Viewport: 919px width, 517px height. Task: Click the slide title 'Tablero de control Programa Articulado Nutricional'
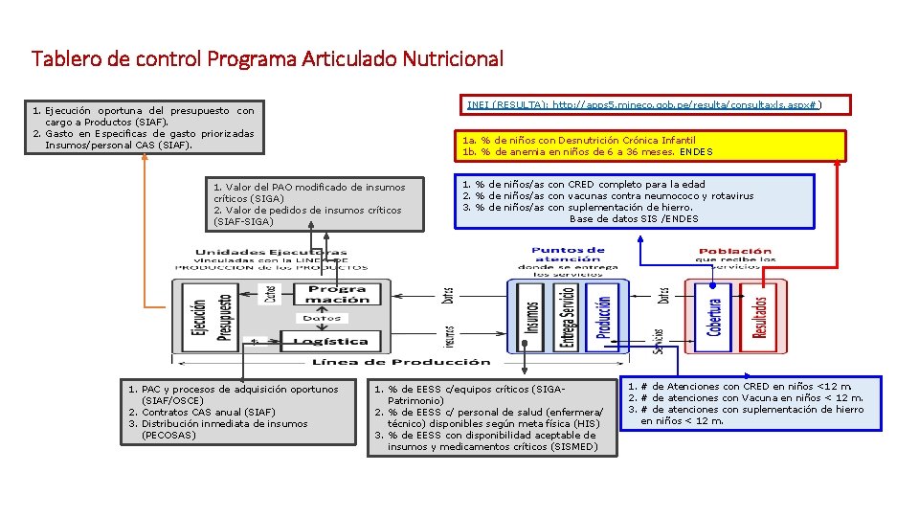pyautogui.click(x=267, y=59)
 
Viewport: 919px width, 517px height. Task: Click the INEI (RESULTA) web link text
pyautogui.click(x=643, y=104)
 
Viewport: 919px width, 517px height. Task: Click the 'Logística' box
pyautogui.click(x=330, y=341)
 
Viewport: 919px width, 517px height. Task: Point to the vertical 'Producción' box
pyautogui.click(x=603, y=319)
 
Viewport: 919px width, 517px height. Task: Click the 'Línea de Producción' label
pyautogui.click(x=401, y=362)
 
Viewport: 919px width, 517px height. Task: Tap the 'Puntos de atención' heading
pyautogui.click(x=568, y=255)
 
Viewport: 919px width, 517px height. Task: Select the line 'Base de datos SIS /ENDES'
pyautogui.click(x=634, y=218)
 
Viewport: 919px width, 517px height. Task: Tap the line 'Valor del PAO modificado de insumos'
pyautogui.click(x=309, y=187)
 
